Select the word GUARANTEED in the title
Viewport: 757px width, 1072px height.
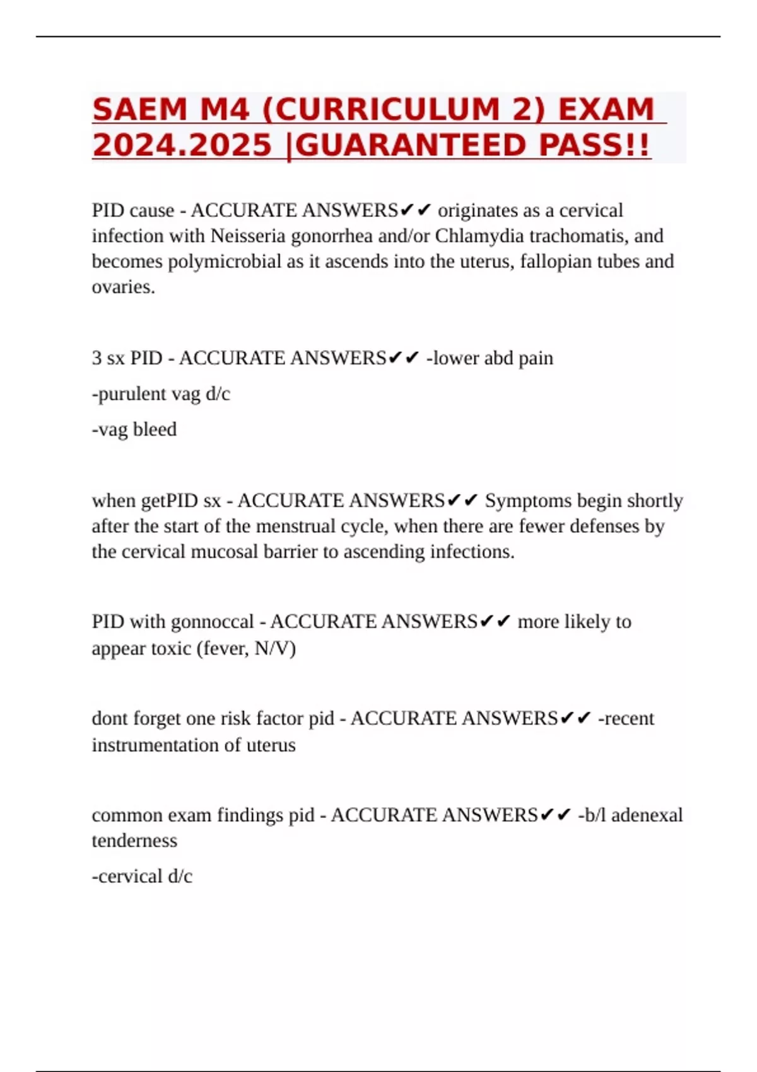[x=410, y=146]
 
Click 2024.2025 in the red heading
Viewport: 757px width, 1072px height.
[x=182, y=146]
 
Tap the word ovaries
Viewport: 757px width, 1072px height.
[x=123, y=288]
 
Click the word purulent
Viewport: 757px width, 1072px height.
[x=129, y=394]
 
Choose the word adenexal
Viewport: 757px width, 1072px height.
[x=647, y=815]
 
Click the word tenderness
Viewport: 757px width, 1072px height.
[x=134, y=841]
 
